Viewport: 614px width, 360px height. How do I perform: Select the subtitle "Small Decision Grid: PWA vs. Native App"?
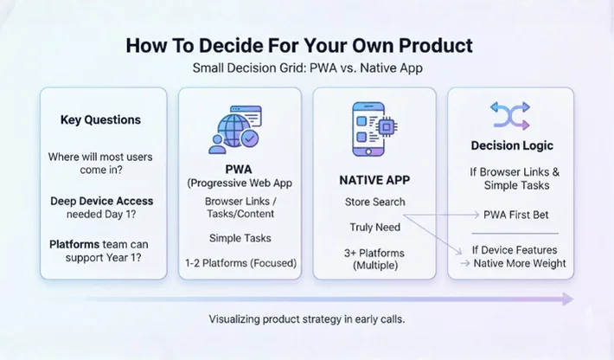click(306, 68)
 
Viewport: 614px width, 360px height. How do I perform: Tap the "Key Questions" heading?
click(100, 120)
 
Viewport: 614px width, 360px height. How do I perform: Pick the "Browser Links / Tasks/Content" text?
click(240, 208)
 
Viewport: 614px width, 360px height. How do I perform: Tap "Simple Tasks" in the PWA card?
click(240, 237)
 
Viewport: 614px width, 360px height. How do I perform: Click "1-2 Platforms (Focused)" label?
click(240, 263)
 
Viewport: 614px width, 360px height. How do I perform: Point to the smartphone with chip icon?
click(374, 131)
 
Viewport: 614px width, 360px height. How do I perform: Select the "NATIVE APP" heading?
click(374, 180)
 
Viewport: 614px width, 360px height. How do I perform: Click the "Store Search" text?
click(374, 202)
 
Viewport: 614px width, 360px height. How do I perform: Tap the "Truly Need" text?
click(374, 228)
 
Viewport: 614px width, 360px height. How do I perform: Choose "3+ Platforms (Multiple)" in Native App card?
click(374, 260)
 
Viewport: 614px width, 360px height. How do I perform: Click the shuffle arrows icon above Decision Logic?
click(510, 113)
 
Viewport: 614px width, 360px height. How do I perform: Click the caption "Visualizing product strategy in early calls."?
click(306, 319)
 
